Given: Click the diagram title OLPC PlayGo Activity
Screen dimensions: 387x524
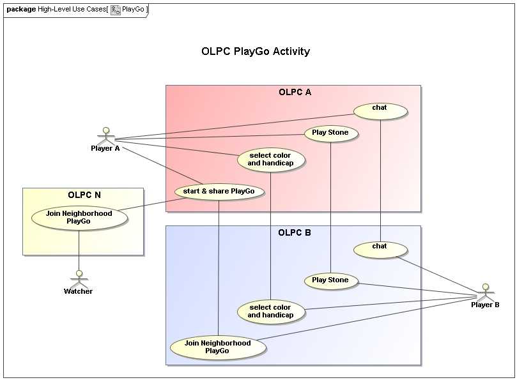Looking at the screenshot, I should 256,52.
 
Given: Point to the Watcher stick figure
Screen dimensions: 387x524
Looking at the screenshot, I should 79,278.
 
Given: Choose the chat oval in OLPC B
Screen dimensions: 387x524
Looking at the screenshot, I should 380,249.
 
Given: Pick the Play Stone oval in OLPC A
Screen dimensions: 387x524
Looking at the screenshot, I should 330,133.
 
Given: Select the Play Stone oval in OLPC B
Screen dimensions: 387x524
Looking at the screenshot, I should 330,280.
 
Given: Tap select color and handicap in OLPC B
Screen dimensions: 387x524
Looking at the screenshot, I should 270,312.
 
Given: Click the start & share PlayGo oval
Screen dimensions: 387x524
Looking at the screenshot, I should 219,191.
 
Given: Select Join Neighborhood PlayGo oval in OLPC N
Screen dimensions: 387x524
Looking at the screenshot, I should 79,218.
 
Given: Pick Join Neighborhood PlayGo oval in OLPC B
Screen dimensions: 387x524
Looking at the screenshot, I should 217,347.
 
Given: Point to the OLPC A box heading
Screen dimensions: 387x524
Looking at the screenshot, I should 295,92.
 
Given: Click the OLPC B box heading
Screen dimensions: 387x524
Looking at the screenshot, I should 295,232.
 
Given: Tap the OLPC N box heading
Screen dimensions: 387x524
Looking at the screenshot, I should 84,195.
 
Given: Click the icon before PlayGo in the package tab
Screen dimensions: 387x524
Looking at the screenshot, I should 116,10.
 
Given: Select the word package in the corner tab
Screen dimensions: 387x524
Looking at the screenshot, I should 21,10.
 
